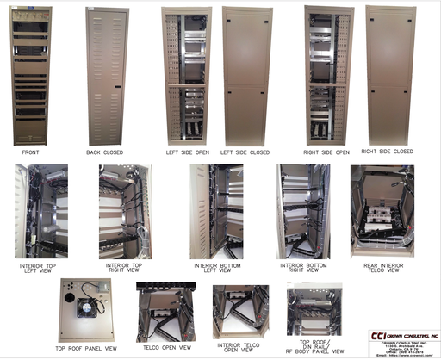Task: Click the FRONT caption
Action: click(30, 152)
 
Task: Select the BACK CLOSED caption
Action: click(106, 152)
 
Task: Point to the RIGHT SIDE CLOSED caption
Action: click(388, 152)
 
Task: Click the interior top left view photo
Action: click(40, 210)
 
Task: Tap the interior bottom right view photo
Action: click(304, 211)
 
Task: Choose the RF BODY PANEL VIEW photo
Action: click(314, 310)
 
